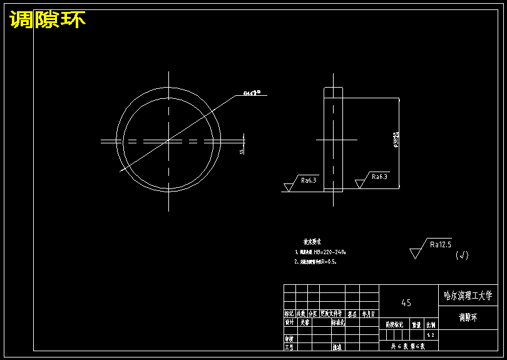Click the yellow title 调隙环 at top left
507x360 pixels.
click(x=48, y=20)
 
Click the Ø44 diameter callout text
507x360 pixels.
click(x=252, y=93)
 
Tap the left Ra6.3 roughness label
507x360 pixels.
click(x=309, y=180)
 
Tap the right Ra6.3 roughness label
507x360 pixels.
click(x=379, y=177)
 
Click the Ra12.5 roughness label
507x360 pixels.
click(x=441, y=245)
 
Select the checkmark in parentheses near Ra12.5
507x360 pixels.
click(x=462, y=255)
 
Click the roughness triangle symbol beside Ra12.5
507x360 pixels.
click(x=416, y=253)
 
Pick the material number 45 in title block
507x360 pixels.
click(x=406, y=303)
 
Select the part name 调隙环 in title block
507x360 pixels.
click(x=467, y=317)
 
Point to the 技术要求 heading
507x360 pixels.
click(x=312, y=241)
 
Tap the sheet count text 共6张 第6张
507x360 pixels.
click(x=407, y=345)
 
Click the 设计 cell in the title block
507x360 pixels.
click(x=290, y=322)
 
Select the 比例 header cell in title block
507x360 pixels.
click(x=430, y=324)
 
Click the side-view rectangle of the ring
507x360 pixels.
click(x=333, y=139)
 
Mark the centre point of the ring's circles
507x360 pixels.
click(x=168, y=141)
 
